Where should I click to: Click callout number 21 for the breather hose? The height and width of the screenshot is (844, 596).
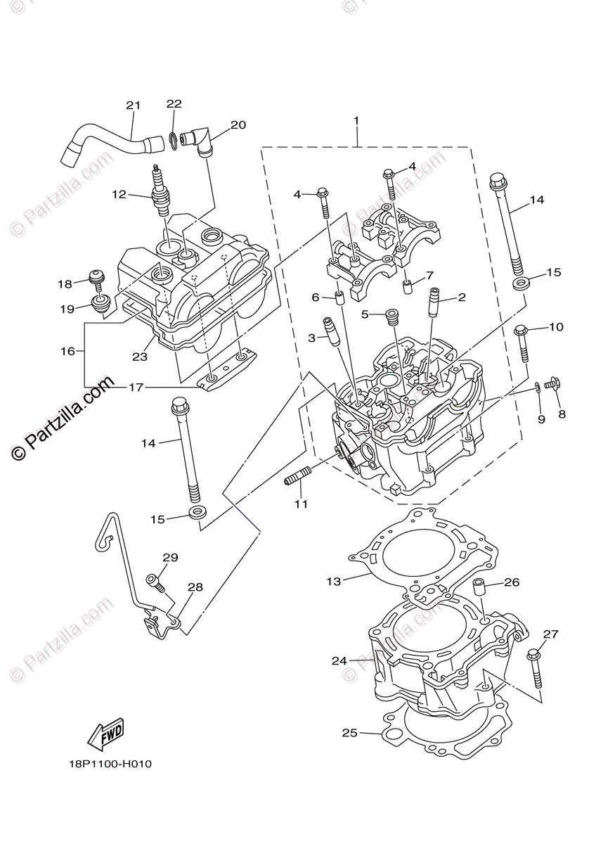tap(133, 105)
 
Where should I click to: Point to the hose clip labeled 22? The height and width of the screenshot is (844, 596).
tap(173, 137)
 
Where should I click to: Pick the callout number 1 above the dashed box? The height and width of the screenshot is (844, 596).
tap(356, 121)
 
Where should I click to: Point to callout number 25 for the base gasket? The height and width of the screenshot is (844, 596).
tap(349, 733)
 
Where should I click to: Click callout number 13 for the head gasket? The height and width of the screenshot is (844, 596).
tap(333, 580)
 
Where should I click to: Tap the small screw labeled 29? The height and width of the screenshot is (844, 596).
tap(155, 582)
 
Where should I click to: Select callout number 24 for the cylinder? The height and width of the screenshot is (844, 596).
tap(340, 660)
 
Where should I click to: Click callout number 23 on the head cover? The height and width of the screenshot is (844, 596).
tap(140, 357)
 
